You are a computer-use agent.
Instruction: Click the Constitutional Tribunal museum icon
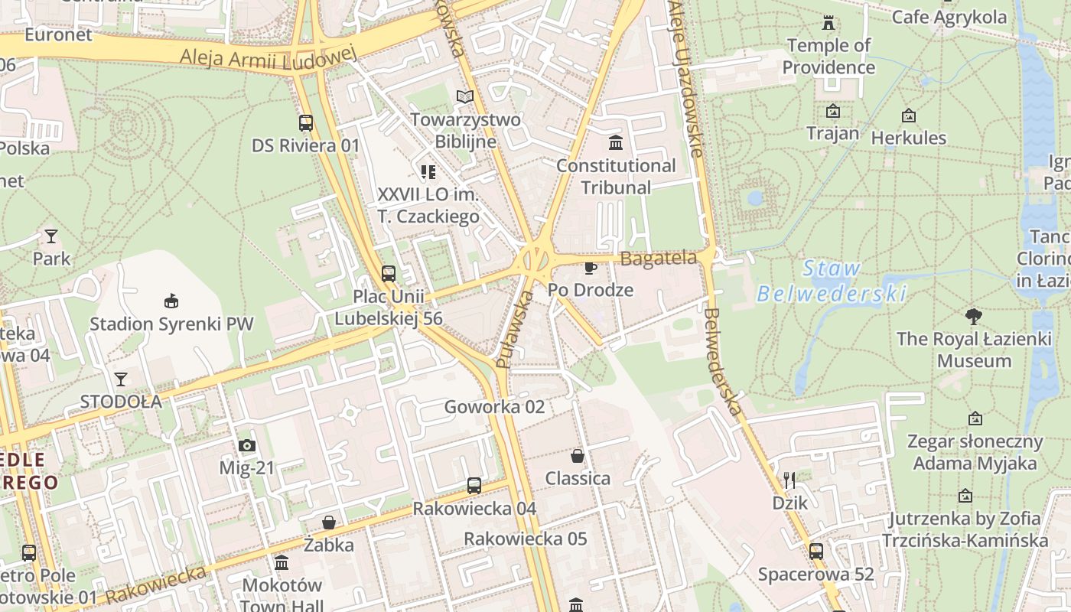pyautogui.click(x=615, y=143)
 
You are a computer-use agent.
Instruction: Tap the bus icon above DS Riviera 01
pyautogui.click(x=305, y=122)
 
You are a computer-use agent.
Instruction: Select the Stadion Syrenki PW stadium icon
pyautogui.click(x=171, y=301)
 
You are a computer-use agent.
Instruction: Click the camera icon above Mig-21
pyautogui.click(x=246, y=445)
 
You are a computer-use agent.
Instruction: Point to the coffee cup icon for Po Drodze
pyautogui.click(x=590, y=268)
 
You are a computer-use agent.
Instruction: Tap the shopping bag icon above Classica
pyautogui.click(x=578, y=456)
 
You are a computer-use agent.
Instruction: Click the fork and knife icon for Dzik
pyautogui.click(x=789, y=480)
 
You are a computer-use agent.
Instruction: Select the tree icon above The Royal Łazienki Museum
pyautogui.click(x=974, y=315)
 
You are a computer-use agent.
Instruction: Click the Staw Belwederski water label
pyautogui.click(x=832, y=281)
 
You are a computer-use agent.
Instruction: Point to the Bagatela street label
pyautogui.click(x=658, y=259)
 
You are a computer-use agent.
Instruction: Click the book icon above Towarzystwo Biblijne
pyautogui.click(x=464, y=96)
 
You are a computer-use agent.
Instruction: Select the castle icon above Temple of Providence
pyautogui.click(x=828, y=23)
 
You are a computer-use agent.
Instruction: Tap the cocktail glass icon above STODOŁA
pyautogui.click(x=121, y=379)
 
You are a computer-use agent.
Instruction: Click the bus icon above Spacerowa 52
pyautogui.click(x=815, y=551)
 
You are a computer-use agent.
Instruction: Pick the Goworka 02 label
pyautogui.click(x=494, y=407)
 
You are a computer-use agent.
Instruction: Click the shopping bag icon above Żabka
pyautogui.click(x=328, y=522)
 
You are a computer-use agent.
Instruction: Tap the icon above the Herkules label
pyautogui.click(x=908, y=116)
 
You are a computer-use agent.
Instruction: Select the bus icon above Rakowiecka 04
pyautogui.click(x=474, y=485)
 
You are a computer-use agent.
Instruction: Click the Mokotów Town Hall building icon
pyautogui.click(x=282, y=563)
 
